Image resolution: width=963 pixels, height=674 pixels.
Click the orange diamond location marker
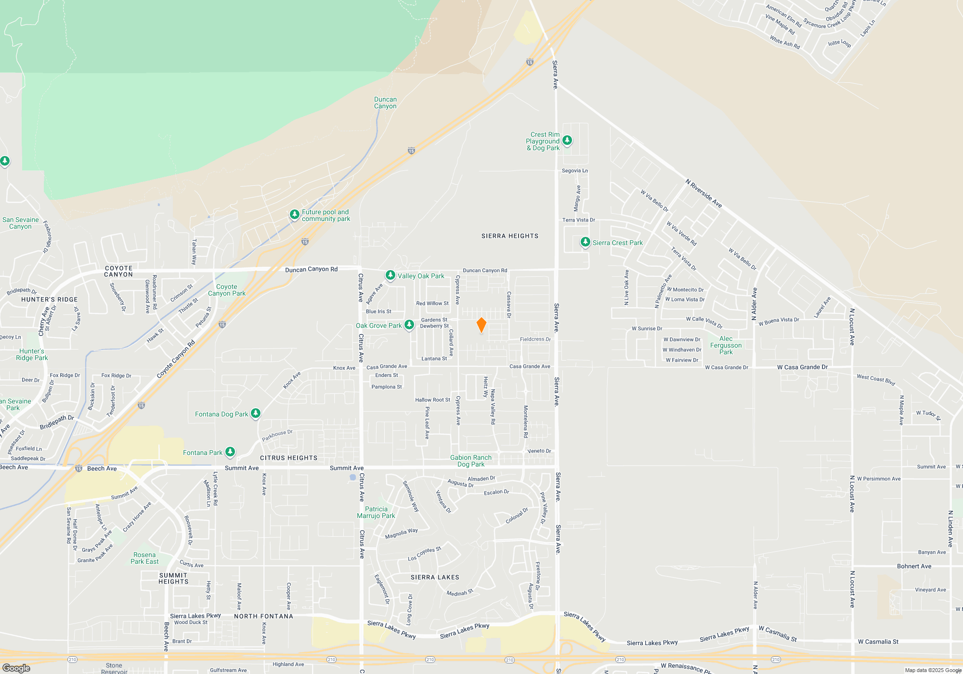tap(481, 325)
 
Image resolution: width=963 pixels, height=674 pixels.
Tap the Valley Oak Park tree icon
tap(390, 275)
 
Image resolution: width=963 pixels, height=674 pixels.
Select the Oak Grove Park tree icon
tap(409, 325)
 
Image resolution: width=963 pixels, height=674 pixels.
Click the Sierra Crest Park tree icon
tap(585, 242)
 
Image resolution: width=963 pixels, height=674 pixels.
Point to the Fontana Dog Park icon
tap(256, 413)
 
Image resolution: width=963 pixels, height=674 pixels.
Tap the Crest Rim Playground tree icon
tap(567, 140)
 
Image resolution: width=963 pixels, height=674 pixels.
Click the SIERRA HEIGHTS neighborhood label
tap(510, 236)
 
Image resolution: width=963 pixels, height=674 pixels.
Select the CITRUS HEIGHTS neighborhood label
tap(288, 458)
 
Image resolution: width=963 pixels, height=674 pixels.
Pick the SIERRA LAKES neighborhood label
tap(435, 577)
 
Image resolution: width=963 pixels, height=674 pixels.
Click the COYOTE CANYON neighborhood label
tap(118, 271)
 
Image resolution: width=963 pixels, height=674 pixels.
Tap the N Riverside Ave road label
tap(703, 193)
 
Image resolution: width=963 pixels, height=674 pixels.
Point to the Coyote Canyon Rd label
tap(176, 359)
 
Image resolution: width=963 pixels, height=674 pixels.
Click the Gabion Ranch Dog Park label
tap(471, 461)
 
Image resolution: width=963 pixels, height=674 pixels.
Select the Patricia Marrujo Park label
tap(376, 512)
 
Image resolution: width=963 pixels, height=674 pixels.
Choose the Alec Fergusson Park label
tap(726, 345)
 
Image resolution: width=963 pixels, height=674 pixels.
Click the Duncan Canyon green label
tap(385, 103)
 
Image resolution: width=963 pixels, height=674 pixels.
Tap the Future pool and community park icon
tap(295, 214)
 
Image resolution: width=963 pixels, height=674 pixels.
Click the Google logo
tap(16, 668)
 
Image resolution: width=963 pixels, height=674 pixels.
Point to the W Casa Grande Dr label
tap(802, 367)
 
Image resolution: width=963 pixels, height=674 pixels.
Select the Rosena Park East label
tap(144, 558)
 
